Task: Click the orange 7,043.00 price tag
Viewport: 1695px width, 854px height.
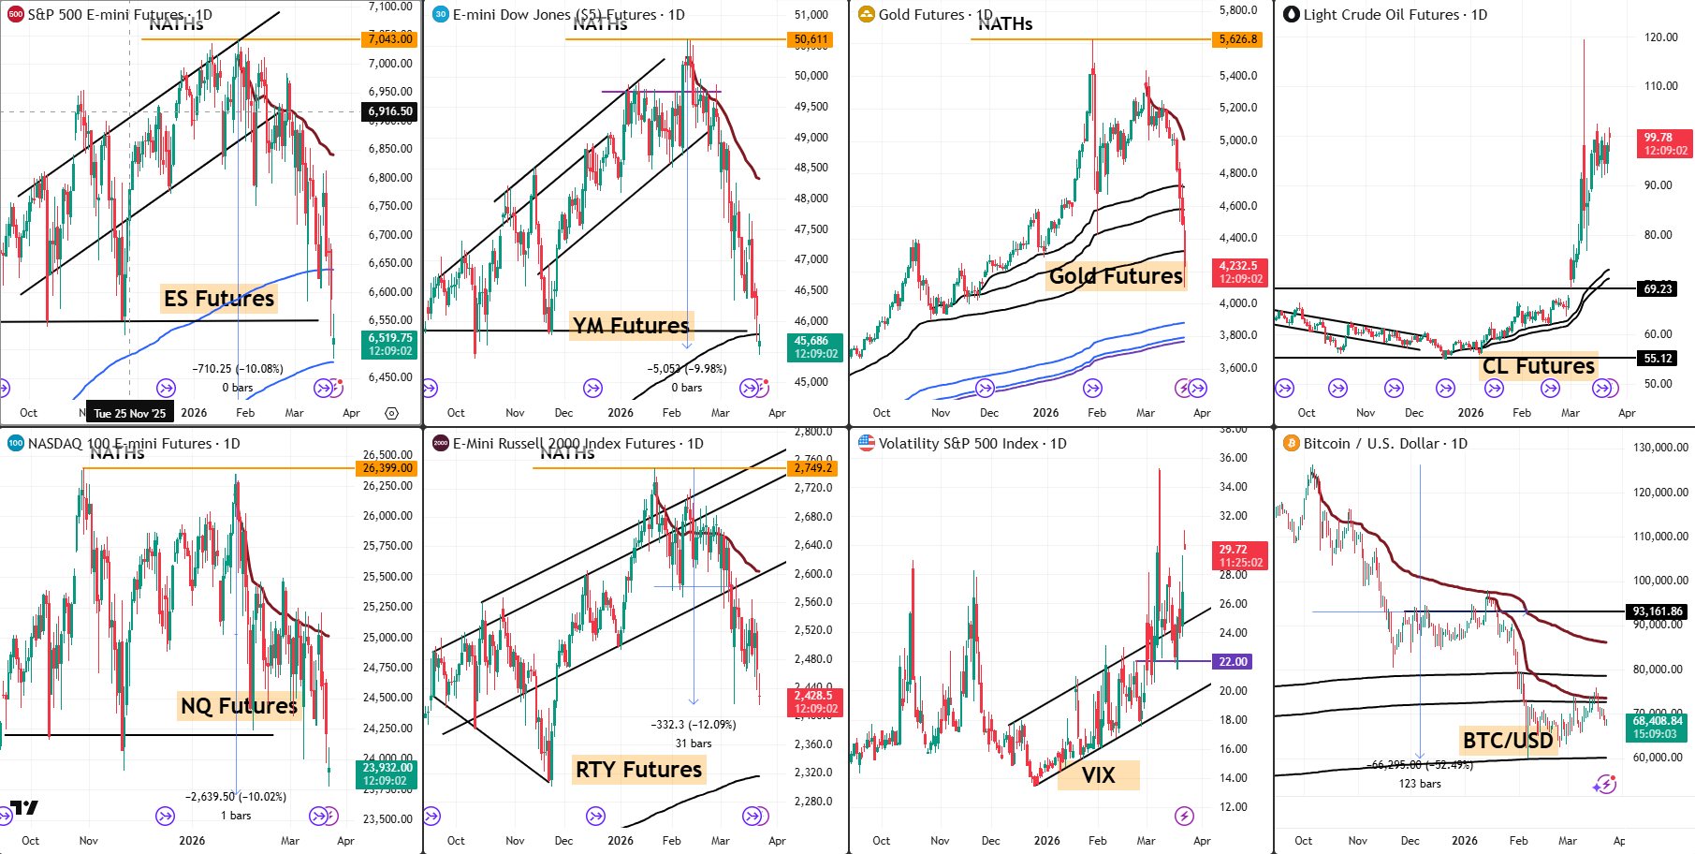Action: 389,38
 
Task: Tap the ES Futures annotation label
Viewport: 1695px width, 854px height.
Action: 219,299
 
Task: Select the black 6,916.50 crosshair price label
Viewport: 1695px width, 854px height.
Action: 389,111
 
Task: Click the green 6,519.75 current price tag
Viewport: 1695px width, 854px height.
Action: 389,345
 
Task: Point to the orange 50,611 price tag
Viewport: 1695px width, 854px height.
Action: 811,39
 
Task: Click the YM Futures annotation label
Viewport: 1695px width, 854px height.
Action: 631,326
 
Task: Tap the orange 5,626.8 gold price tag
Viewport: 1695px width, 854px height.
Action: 1237,39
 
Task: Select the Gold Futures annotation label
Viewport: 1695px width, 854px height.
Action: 1116,276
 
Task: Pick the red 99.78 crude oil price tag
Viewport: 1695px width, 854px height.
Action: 1665,143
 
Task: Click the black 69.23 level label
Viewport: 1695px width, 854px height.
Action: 1658,288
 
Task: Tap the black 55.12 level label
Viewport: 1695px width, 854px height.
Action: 1658,358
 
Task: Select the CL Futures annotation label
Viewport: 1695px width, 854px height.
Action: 1539,366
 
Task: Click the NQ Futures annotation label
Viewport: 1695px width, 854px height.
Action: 239,705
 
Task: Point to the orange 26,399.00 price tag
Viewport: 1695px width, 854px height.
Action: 387,468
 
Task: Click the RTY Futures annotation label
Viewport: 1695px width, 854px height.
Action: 638,770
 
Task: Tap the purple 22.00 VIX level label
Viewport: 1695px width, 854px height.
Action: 1233,661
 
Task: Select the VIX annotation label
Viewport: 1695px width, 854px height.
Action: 1098,775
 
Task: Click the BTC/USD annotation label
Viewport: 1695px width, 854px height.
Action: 1508,741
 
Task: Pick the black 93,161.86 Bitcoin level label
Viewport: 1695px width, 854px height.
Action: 1658,611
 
